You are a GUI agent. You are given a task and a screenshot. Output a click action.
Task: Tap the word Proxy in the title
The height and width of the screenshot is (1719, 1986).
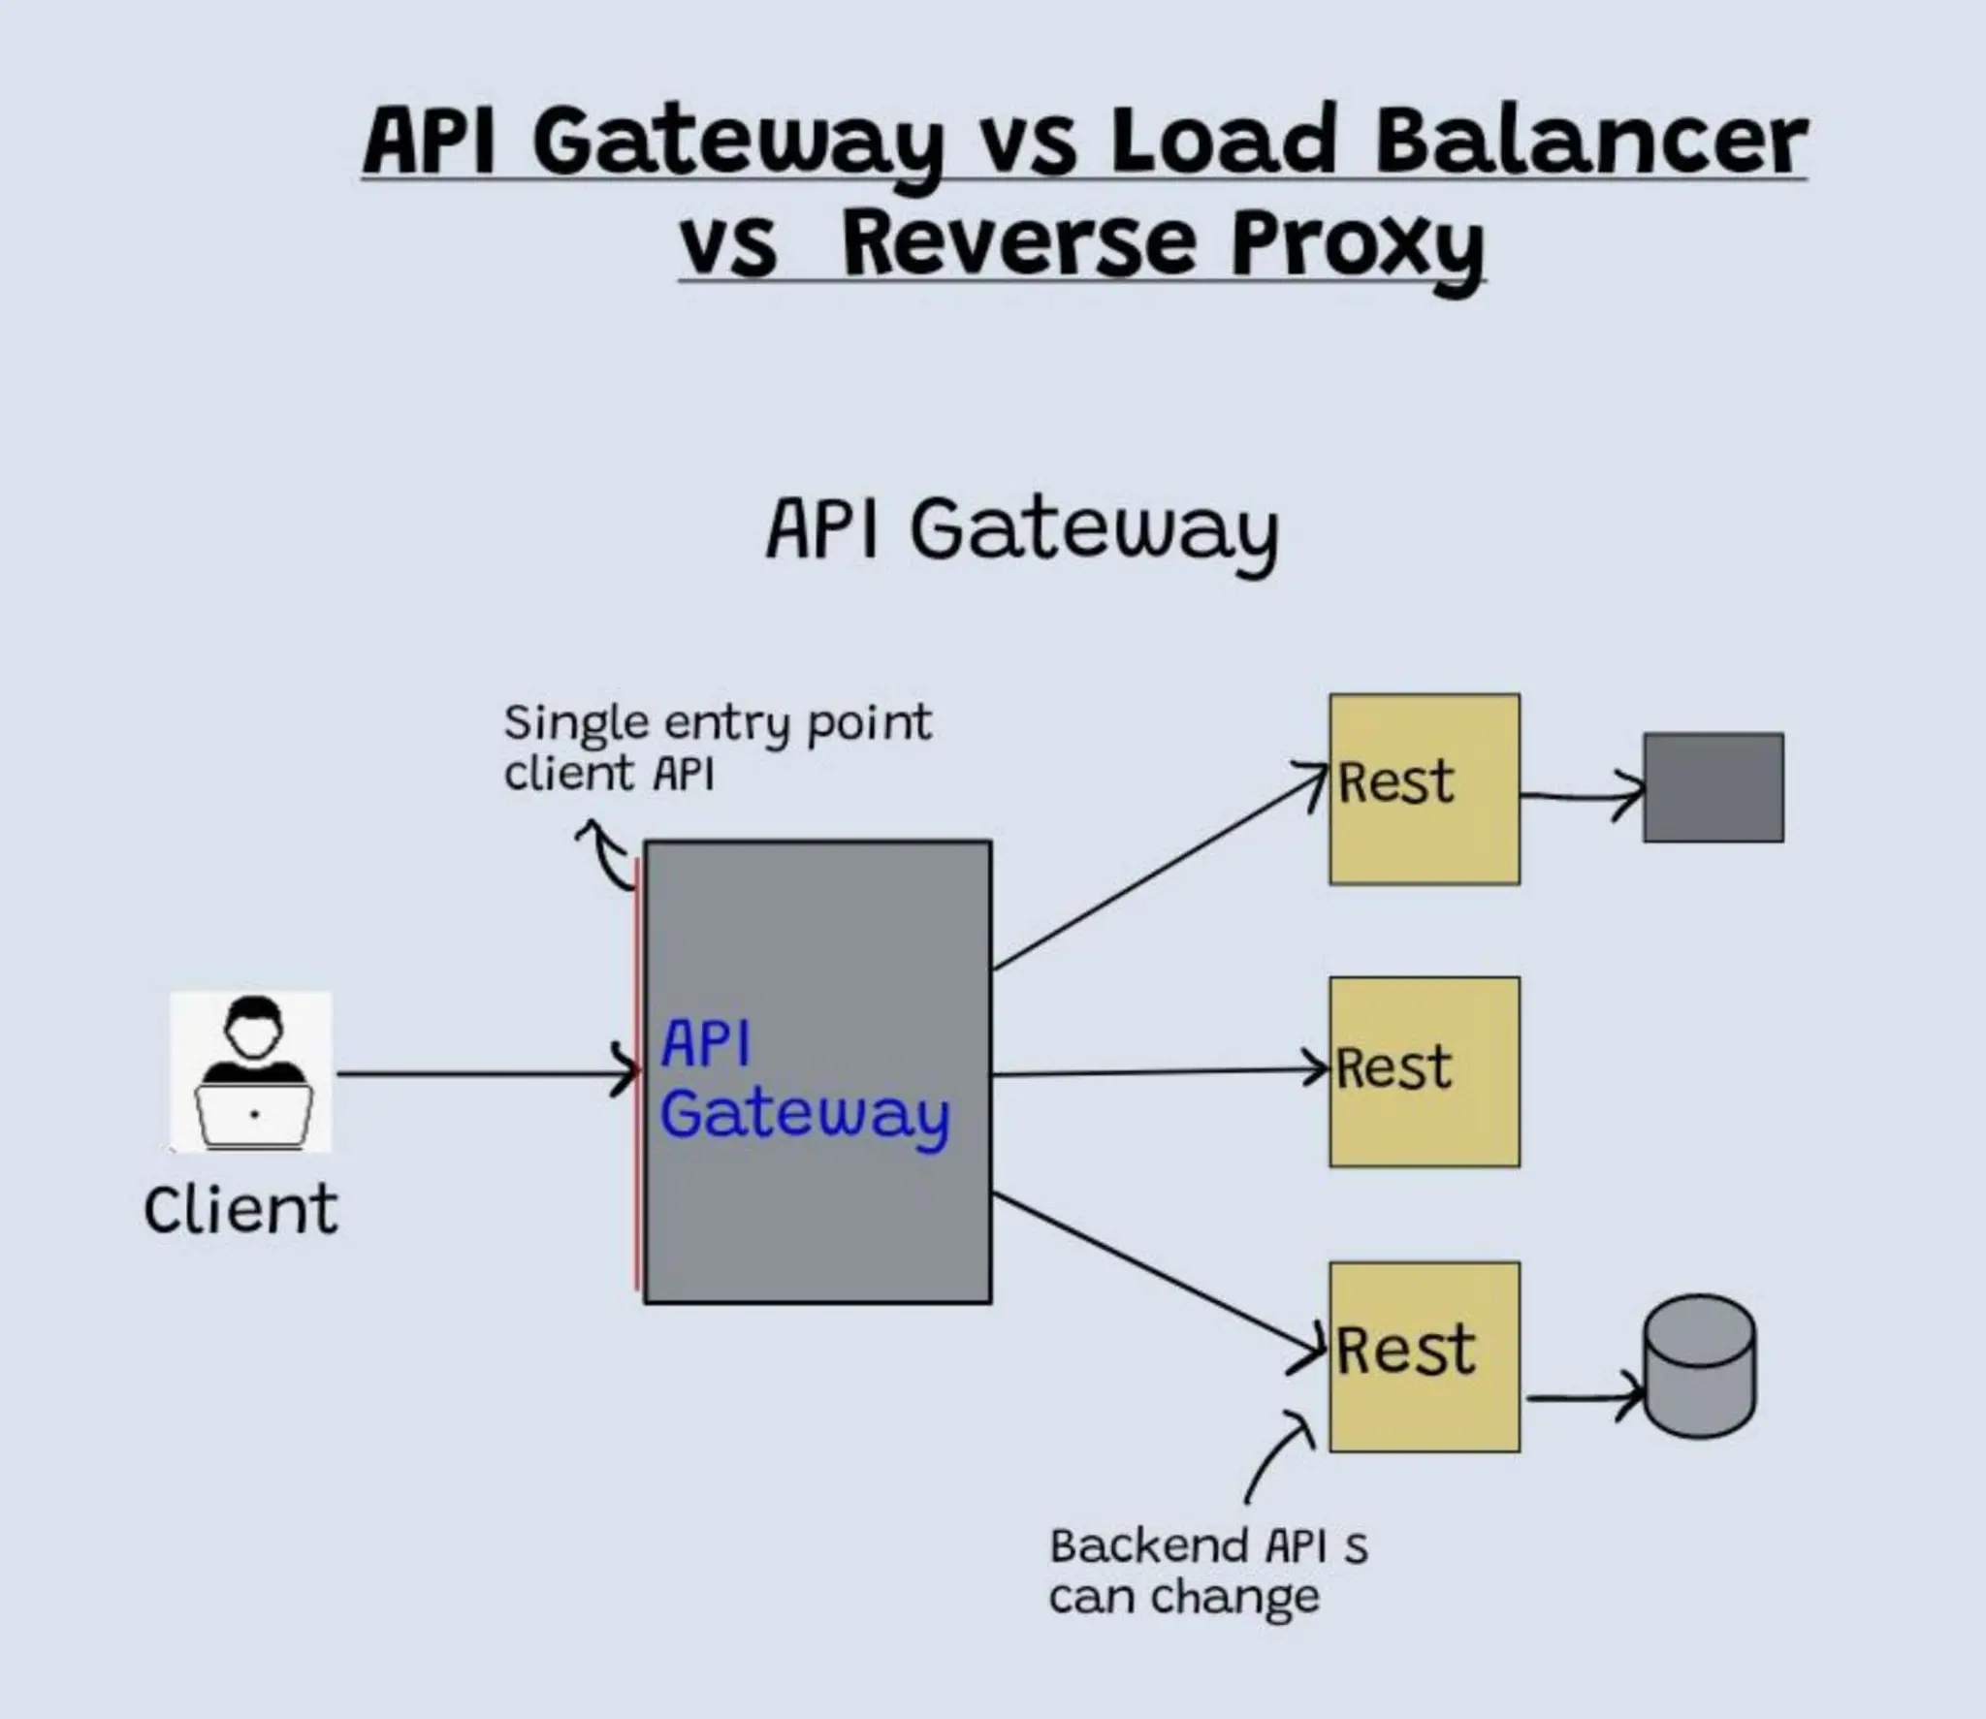coord(1358,244)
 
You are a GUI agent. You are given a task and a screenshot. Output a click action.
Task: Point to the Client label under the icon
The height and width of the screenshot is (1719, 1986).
coord(240,1210)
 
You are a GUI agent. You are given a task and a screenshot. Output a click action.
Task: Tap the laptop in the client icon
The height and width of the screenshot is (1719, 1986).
coord(254,1115)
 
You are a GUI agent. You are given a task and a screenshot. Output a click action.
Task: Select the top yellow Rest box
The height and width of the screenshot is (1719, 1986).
coord(1424,788)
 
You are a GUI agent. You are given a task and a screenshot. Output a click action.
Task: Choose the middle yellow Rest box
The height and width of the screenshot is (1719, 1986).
coord(1424,1071)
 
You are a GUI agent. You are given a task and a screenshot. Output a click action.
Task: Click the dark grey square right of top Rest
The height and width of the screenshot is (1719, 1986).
coord(1713,787)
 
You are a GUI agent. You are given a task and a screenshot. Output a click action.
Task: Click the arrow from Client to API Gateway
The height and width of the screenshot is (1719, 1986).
coord(485,1073)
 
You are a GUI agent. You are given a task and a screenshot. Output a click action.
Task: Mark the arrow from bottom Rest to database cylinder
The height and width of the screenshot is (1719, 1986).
coord(1581,1398)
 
